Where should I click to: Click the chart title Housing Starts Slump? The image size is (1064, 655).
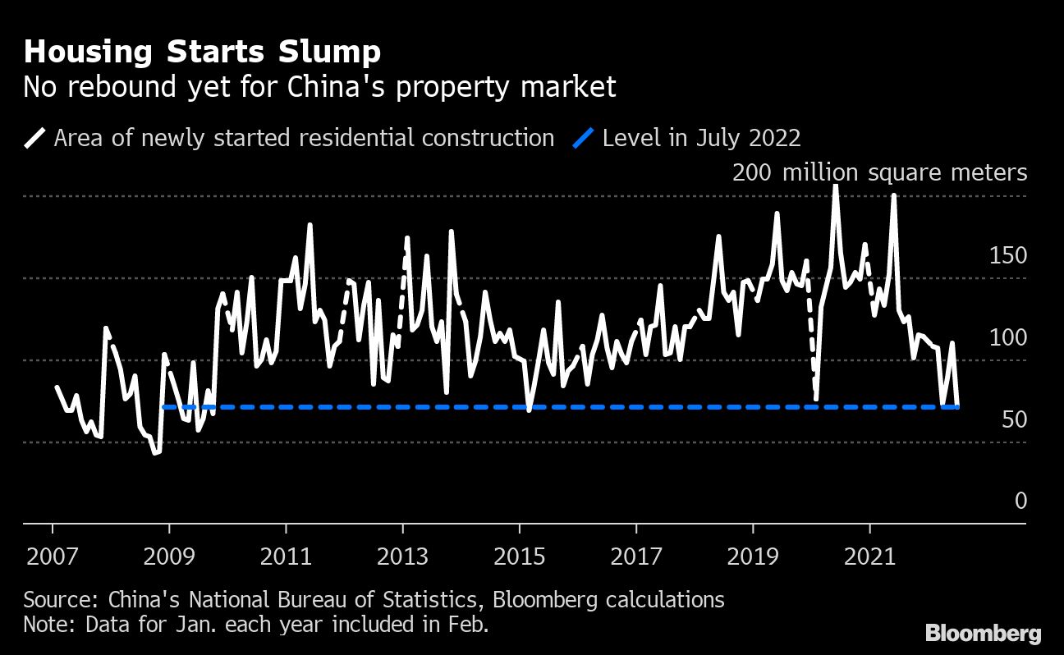click(x=202, y=53)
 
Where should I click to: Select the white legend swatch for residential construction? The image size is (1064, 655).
click(x=34, y=138)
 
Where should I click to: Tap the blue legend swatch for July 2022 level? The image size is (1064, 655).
click(x=583, y=138)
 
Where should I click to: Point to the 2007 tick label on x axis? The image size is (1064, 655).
click(x=53, y=557)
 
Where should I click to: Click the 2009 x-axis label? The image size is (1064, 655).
click(x=170, y=557)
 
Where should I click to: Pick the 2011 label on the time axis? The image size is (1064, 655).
click(x=287, y=557)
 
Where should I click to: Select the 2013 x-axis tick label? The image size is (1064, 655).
click(x=403, y=557)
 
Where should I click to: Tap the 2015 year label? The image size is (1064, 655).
click(x=520, y=557)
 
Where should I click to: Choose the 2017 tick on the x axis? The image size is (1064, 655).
click(x=636, y=557)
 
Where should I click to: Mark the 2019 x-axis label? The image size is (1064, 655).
click(x=753, y=557)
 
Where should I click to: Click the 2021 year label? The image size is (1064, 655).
click(x=869, y=557)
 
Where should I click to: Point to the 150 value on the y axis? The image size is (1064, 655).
click(x=1008, y=256)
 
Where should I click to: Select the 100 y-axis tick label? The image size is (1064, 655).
click(x=1008, y=337)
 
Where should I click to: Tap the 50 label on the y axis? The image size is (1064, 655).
click(x=1015, y=419)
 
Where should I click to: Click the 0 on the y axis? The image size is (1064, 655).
click(x=1020, y=501)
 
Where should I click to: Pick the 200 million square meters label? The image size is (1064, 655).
click(x=879, y=173)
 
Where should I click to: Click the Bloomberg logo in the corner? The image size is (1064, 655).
click(x=983, y=634)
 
